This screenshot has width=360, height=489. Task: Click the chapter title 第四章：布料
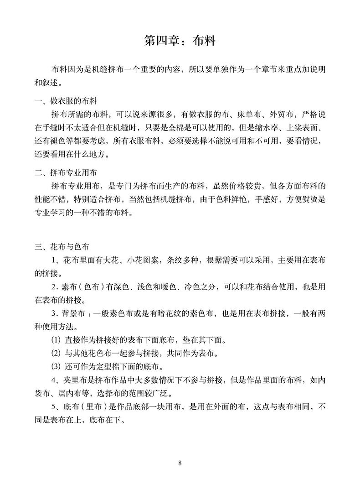click(x=180, y=41)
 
